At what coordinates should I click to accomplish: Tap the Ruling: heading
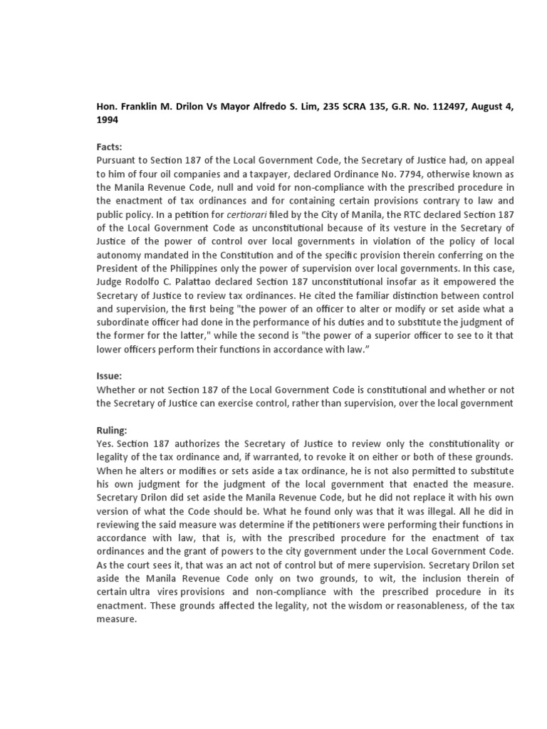113,431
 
